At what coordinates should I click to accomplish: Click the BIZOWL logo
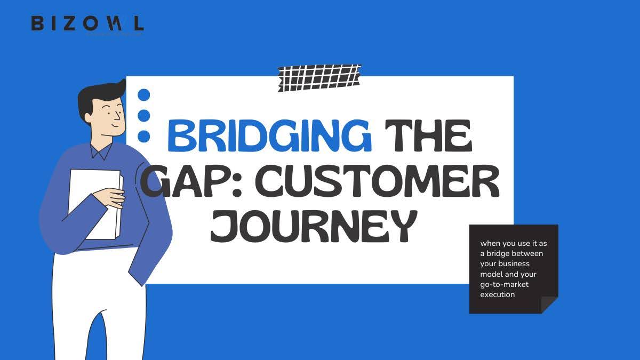(87, 23)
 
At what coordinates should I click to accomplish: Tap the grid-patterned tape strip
(319, 77)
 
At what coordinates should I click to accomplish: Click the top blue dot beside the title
(143, 95)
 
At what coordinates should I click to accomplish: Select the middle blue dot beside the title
(143, 116)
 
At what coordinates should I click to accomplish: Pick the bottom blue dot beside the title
(143, 137)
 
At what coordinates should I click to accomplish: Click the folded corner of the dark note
(549, 305)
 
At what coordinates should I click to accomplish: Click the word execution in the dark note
(497, 294)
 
